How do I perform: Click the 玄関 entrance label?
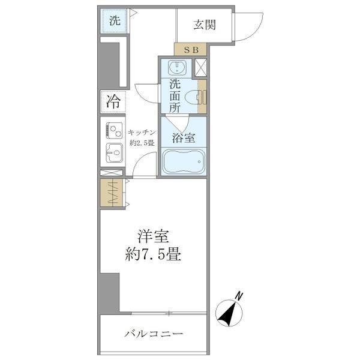(x=204, y=25)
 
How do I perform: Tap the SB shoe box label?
(x=190, y=49)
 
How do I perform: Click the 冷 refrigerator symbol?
(x=113, y=101)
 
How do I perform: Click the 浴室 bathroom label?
(x=183, y=137)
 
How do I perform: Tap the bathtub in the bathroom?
(x=184, y=163)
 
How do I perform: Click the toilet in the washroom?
(x=194, y=97)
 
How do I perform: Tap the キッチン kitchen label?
(x=143, y=132)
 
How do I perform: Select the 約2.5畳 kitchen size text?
(x=143, y=143)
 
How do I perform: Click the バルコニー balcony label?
(x=154, y=334)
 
